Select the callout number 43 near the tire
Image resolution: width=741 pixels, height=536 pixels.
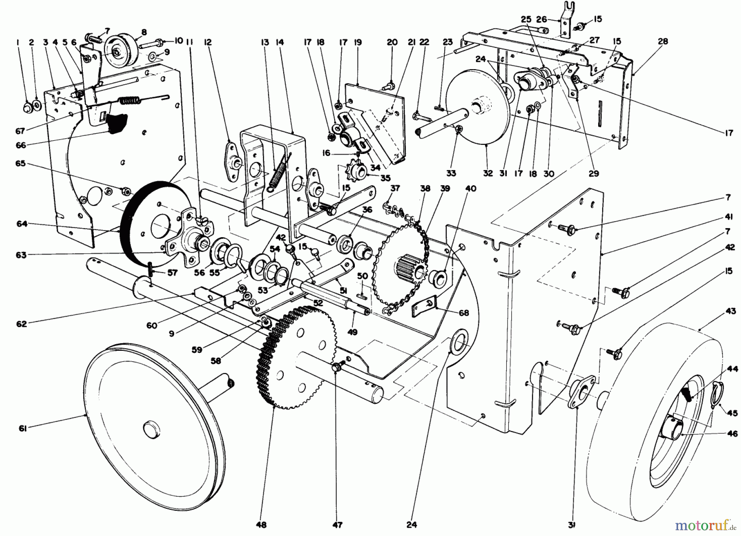[731, 311]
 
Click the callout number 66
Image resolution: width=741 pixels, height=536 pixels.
[21, 145]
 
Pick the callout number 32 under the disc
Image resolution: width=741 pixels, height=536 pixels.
[488, 173]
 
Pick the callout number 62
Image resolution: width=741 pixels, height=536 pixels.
[21, 324]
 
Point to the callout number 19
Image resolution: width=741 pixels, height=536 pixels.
[357, 42]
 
